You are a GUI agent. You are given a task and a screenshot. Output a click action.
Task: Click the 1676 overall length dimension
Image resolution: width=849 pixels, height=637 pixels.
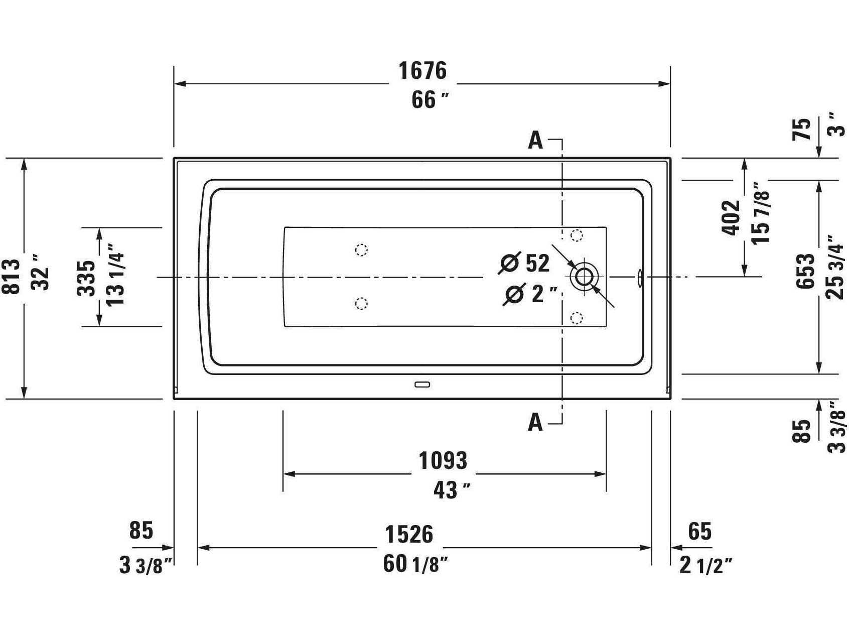pyautogui.click(x=422, y=71)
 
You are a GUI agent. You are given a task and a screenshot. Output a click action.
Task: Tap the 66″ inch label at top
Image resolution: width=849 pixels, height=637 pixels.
pyautogui.click(x=430, y=100)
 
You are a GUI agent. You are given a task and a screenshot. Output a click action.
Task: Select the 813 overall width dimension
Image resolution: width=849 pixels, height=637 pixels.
pyautogui.click(x=14, y=277)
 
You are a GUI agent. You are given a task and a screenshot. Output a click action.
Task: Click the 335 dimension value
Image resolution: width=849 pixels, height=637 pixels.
pyautogui.click(x=86, y=278)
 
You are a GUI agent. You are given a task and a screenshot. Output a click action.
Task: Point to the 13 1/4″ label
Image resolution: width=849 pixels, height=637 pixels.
pyautogui.click(x=116, y=275)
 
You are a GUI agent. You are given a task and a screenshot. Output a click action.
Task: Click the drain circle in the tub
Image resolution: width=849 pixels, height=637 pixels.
pyautogui.click(x=584, y=277)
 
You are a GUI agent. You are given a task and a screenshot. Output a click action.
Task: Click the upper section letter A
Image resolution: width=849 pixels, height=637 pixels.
pyautogui.click(x=535, y=141)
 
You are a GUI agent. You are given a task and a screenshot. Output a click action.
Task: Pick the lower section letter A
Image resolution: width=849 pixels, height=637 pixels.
pyautogui.click(x=535, y=423)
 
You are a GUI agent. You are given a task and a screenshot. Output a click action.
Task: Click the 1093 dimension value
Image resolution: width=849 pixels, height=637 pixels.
pyautogui.click(x=443, y=460)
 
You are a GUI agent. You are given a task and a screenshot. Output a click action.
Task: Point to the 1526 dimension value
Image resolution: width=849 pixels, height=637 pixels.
pyautogui.click(x=408, y=534)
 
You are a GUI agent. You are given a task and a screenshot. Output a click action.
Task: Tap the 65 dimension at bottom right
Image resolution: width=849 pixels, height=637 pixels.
pyautogui.click(x=699, y=531)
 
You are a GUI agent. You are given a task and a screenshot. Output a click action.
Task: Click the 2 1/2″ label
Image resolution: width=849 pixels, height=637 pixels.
pyautogui.click(x=705, y=566)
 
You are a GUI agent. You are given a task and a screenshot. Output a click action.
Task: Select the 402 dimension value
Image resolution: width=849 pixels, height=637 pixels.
pyautogui.click(x=731, y=218)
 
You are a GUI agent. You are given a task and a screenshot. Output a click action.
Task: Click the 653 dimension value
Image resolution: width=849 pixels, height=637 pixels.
pyautogui.click(x=805, y=271)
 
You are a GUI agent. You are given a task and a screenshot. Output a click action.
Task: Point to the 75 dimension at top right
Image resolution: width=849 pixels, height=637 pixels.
pyautogui.click(x=801, y=129)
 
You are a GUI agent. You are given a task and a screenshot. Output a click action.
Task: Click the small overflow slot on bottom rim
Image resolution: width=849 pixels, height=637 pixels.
pyautogui.click(x=422, y=385)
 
